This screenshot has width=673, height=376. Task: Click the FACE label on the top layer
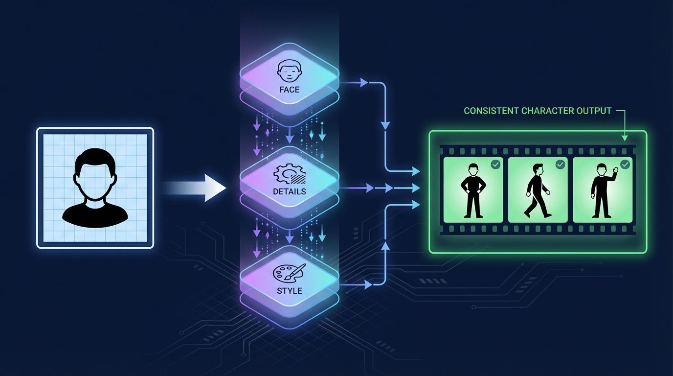(290, 90)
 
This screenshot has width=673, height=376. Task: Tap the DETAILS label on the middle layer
(290, 191)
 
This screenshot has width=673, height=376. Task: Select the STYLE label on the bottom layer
(290, 290)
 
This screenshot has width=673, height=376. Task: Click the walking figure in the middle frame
(537, 191)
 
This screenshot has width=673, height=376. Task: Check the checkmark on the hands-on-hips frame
(495, 165)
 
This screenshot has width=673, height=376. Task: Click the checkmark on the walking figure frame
(560, 165)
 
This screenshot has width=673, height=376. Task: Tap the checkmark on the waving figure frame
(625, 165)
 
